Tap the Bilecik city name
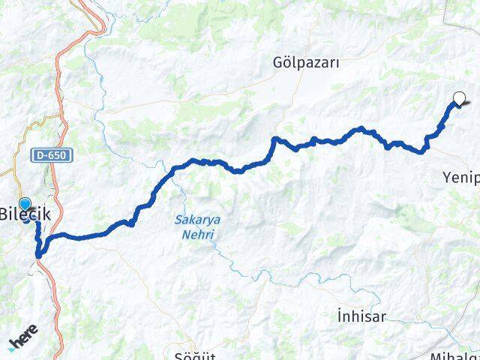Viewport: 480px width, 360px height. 26,214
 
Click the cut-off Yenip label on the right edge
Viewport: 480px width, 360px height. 460,177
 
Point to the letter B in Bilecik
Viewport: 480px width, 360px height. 4,214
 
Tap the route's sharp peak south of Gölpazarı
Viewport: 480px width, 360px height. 275,139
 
